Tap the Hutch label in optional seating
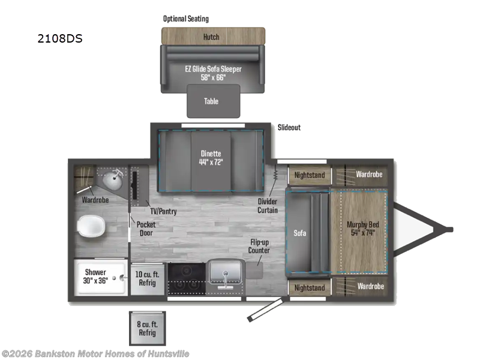click(x=211, y=37)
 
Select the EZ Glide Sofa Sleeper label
click(x=213, y=73)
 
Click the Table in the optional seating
click(x=211, y=101)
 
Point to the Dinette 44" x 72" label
click(x=211, y=157)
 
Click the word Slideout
click(x=289, y=128)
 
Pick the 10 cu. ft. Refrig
click(x=147, y=277)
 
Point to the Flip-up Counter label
click(x=260, y=246)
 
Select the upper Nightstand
click(x=309, y=175)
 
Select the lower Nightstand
click(x=309, y=287)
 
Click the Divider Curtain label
click(x=268, y=205)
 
